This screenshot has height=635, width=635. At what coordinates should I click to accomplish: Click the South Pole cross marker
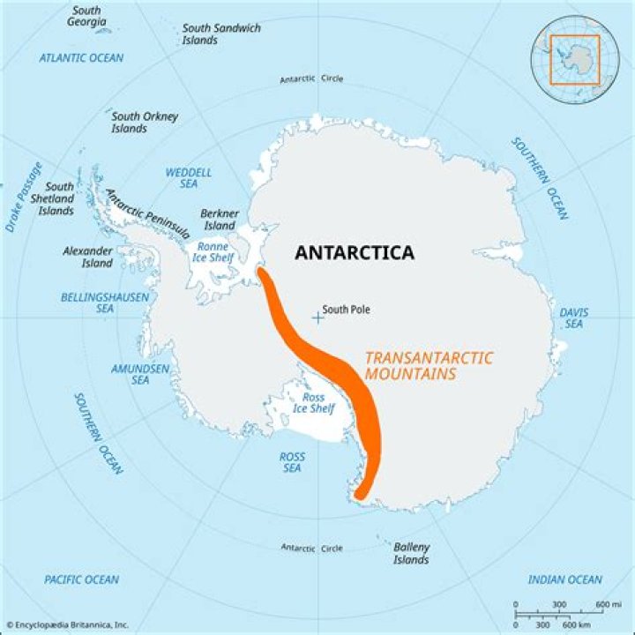(x=317, y=316)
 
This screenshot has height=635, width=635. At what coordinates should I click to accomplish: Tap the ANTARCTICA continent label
(x=355, y=253)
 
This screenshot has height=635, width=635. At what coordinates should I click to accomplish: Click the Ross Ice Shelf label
(x=313, y=403)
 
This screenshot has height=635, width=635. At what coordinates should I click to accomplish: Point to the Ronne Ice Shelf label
(x=214, y=251)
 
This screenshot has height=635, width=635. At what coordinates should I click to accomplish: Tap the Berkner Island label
(x=220, y=220)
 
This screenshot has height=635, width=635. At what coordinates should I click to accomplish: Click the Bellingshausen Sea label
(x=105, y=303)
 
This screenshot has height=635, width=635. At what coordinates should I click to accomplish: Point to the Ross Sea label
(x=292, y=462)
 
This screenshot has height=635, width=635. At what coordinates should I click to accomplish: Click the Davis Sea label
(x=574, y=318)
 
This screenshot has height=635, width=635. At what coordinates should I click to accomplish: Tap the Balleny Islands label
(x=411, y=553)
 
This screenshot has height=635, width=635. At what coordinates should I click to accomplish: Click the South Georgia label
(x=86, y=16)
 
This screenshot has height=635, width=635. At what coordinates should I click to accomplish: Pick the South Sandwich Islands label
(x=221, y=34)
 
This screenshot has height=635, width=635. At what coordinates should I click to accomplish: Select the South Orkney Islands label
(x=145, y=122)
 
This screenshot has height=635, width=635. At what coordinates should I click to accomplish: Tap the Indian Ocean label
(x=565, y=579)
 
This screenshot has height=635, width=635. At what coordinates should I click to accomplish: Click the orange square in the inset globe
(x=574, y=60)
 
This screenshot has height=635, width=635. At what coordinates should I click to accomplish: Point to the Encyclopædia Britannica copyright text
(x=67, y=625)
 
